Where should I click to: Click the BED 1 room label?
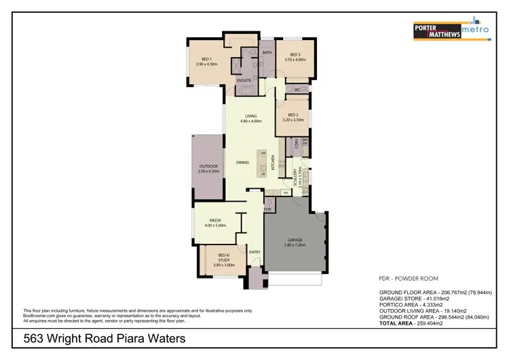[x=206, y=59]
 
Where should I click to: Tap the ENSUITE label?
[x=244, y=80]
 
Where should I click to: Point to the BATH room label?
[x=267, y=52]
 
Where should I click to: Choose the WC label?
[x=297, y=90]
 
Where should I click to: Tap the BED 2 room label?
[x=294, y=115]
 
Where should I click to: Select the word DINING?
[x=242, y=162]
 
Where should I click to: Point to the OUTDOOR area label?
[x=208, y=166]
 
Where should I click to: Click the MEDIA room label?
[x=215, y=221]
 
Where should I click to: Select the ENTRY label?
[x=254, y=252]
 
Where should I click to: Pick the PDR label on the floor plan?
[x=267, y=210]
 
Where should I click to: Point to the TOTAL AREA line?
[x=411, y=324]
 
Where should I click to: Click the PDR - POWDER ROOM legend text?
[x=408, y=278]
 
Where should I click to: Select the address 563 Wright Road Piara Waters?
[x=105, y=338]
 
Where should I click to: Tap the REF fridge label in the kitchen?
[x=286, y=192]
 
